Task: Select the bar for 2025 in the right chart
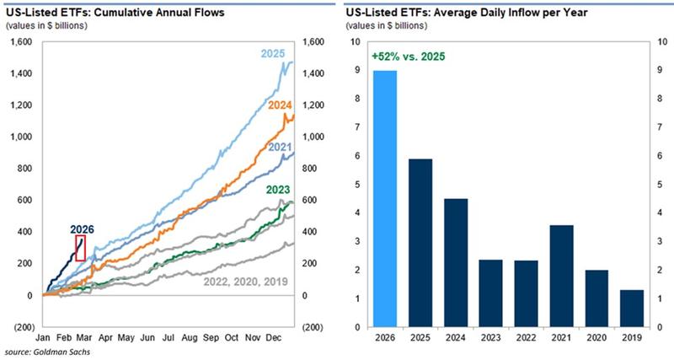[x=420, y=243]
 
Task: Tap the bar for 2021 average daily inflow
[x=562, y=276]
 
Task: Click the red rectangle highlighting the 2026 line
[x=80, y=247]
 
